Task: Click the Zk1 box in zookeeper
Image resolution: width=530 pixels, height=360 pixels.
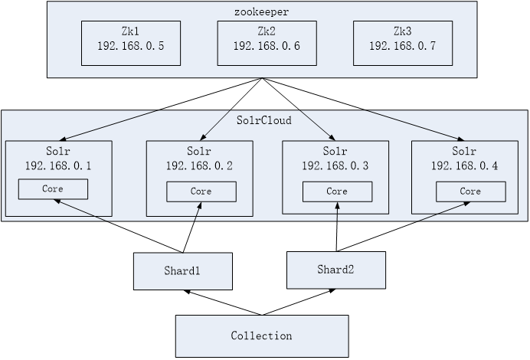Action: click(x=131, y=43)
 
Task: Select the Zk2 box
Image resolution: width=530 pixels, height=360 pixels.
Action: click(x=267, y=43)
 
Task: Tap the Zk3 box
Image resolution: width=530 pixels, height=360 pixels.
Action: click(x=403, y=43)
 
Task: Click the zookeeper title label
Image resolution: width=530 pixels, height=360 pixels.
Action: click(x=262, y=11)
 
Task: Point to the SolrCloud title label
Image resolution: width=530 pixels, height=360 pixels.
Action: click(x=264, y=120)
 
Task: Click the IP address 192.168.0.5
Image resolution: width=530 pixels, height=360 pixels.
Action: click(x=131, y=46)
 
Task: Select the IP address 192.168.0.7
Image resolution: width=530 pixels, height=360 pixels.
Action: click(x=403, y=46)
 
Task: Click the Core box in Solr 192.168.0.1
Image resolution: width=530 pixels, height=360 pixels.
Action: click(x=53, y=189)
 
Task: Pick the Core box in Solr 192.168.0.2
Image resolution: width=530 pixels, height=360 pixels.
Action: click(x=201, y=191)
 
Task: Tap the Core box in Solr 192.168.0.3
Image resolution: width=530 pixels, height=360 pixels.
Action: click(x=337, y=191)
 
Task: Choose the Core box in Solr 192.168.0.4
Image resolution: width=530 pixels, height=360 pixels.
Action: click(x=471, y=191)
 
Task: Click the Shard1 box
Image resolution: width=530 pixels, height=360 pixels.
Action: click(x=183, y=271)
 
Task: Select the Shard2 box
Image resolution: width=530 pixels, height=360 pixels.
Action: click(x=336, y=270)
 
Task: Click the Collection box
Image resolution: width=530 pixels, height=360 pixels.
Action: click(x=262, y=336)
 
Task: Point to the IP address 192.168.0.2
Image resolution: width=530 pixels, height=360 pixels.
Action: click(x=199, y=165)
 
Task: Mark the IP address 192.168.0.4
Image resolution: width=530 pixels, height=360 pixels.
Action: click(x=464, y=165)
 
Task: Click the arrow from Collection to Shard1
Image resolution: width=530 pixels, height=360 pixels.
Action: click(x=223, y=303)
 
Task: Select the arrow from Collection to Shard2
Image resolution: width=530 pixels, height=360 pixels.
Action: click(x=299, y=303)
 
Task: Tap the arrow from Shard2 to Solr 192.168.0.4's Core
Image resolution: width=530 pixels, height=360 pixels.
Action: click(x=404, y=227)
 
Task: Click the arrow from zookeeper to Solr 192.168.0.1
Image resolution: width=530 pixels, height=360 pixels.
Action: click(x=161, y=109)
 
